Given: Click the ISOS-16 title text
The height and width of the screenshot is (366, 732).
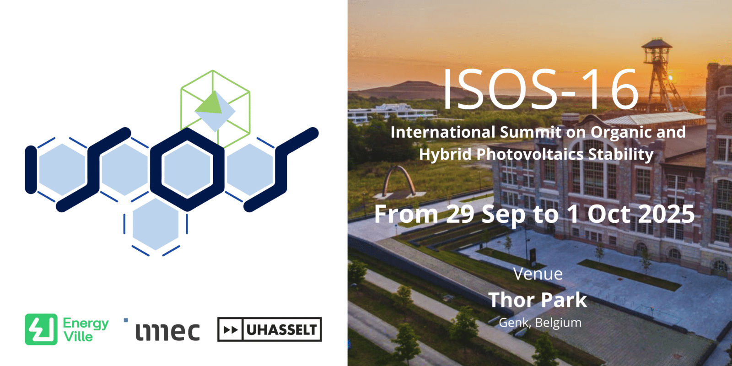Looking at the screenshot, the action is tap(541, 89).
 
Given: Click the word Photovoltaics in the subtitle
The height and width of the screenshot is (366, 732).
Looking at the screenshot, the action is tap(530, 154).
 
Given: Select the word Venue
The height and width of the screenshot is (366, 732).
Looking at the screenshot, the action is tap(538, 274).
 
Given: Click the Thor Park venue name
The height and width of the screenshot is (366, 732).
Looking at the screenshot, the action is tap(538, 300).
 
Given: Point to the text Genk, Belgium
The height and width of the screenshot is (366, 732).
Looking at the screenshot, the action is tap(540, 323).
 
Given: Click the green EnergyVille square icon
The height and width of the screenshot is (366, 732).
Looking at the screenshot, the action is tap(41, 329).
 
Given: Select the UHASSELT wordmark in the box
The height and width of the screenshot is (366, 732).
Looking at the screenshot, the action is tap(281, 330).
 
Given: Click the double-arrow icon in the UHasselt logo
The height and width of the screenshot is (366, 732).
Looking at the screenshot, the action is tap(231, 330).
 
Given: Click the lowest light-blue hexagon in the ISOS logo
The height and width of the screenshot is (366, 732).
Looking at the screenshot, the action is tap(156, 225).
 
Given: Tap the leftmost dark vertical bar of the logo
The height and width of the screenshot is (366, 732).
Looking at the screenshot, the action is tap(31, 170).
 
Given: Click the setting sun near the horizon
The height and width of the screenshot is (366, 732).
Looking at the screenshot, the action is tap(671, 77).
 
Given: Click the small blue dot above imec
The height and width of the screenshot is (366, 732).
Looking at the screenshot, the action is tap(126, 320).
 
